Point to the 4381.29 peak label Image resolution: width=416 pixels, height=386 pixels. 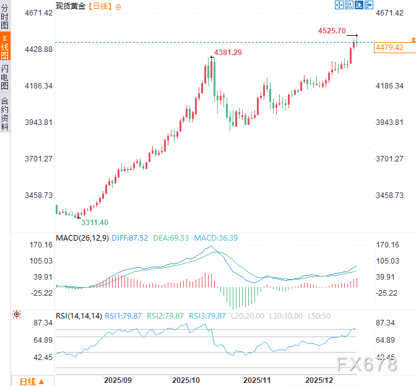point(228,53)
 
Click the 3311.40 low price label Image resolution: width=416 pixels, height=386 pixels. point(95,222)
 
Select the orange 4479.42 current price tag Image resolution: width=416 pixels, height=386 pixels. point(389,48)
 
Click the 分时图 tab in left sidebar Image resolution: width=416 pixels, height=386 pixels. point(5,17)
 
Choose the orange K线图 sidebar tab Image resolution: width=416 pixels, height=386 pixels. point(5,47)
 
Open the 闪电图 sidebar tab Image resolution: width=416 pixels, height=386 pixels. point(5,77)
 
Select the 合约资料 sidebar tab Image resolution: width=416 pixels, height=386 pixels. point(5,113)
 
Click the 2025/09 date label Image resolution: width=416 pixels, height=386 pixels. point(118,379)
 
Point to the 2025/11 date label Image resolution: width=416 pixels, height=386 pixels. point(256,379)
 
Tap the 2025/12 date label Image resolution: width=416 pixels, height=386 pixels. point(319,379)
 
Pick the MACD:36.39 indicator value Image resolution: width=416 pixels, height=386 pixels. point(216,238)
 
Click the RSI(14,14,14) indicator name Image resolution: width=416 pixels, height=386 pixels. point(79,316)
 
